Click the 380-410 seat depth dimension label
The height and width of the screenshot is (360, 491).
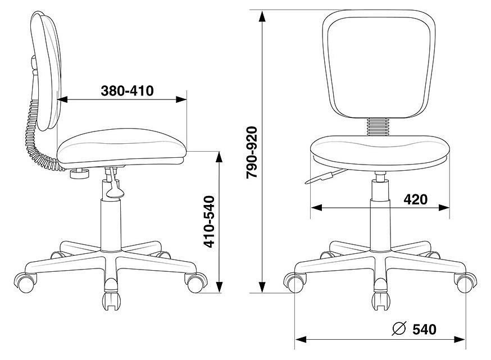coord(127,91)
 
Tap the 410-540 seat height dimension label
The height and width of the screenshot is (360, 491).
coord(209,222)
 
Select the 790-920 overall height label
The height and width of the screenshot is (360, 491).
coord(252,152)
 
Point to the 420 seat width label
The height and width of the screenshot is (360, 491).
coord(415,199)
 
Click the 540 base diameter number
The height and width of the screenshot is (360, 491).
coord(424,329)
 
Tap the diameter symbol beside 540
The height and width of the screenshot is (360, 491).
coord(399,329)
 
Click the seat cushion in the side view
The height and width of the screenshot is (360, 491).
coord(121,146)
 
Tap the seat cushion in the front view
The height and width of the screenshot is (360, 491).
coord(380,153)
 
